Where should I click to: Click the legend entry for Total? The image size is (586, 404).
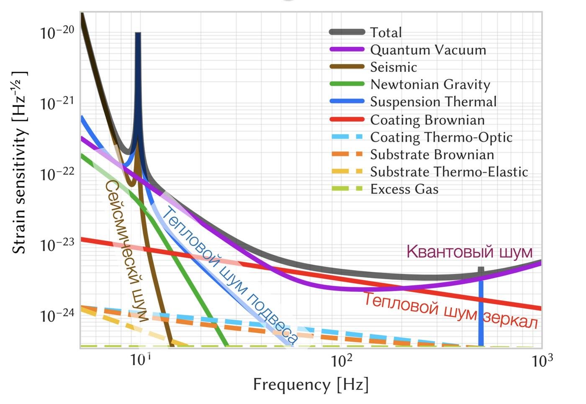[x=386, y=33]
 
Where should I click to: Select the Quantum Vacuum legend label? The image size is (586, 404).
[x=428, y=50]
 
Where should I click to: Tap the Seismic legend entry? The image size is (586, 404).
[x=393, y=67]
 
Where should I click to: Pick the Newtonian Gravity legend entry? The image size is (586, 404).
[x=430, y=84]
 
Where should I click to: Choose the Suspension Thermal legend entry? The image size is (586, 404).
[x=433, y=102]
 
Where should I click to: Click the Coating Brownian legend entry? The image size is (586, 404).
[x=427, y=120]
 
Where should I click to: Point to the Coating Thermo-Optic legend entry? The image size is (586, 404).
[x=441, y=137]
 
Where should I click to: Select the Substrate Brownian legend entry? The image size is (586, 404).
[x=432, y=155]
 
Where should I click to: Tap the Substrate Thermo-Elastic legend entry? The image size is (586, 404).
[x=449, y=172]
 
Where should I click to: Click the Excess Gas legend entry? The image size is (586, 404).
[x=404, y=189]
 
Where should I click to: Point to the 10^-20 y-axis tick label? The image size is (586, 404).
[x=57, y=32]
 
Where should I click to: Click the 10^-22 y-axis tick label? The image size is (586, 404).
[x=57, y=174]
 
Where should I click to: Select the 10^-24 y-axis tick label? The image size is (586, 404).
[x=57, y=315]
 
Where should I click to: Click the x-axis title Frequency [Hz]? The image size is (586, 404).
[x=311, y=384]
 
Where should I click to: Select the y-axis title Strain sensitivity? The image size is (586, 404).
[x=19, y=163]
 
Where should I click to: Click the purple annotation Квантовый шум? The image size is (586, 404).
[x=469, y=252]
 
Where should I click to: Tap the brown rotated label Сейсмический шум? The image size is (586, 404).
[x=126, y=251]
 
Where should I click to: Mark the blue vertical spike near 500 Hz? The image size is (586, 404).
[x=481, y=309]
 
